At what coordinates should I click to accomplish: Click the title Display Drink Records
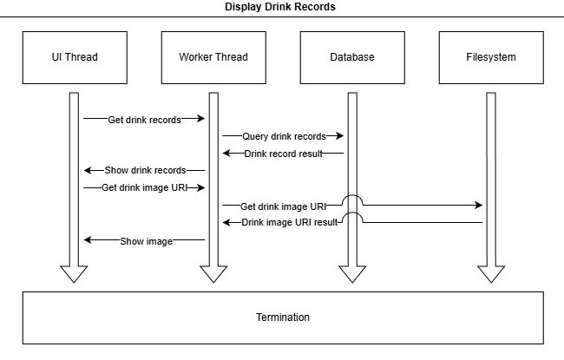coord(280,7)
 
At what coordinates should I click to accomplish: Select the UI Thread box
coord(74,57)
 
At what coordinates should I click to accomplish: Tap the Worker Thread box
coord(213,57)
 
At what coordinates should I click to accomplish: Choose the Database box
coord(351,57)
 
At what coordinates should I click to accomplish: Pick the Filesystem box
coord(490,57)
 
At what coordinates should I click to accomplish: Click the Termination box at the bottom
coord(282,317)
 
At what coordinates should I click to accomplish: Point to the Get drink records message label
coord(144,120)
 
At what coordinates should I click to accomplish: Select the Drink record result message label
coord(283,154)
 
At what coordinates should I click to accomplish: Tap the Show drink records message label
coord(144,170)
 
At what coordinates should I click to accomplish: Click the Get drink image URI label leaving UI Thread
coord(141,187)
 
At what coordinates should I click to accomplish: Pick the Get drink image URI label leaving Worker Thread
coord(283,206)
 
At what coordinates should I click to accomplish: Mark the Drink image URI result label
coord(289,223)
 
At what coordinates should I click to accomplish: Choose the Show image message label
coord(145,241)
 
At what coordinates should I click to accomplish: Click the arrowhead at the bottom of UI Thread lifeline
coord(74,273)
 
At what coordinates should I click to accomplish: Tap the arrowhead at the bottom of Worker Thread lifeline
coord(213,273)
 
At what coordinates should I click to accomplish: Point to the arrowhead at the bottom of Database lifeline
coord(351,273)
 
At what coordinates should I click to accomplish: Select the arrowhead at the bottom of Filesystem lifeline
coord(490,273)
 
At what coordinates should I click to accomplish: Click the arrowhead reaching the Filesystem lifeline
coord(478,206)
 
